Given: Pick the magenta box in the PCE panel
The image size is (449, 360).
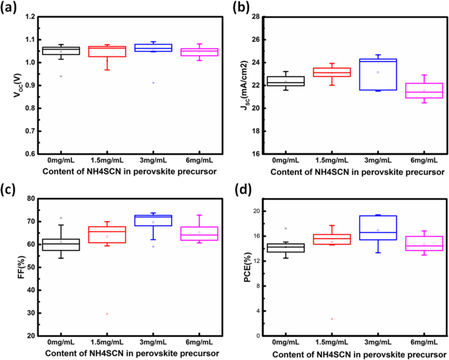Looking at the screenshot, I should (415, 243).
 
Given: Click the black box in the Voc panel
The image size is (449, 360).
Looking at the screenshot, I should (61, 50).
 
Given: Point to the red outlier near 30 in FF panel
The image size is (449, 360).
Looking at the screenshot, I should (107, 313).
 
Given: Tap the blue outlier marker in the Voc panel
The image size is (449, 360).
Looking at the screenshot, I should (152, 83).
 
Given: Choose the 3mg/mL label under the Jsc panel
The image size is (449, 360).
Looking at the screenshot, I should (378, 161).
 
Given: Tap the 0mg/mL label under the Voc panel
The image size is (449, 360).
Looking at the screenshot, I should (61, 161).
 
